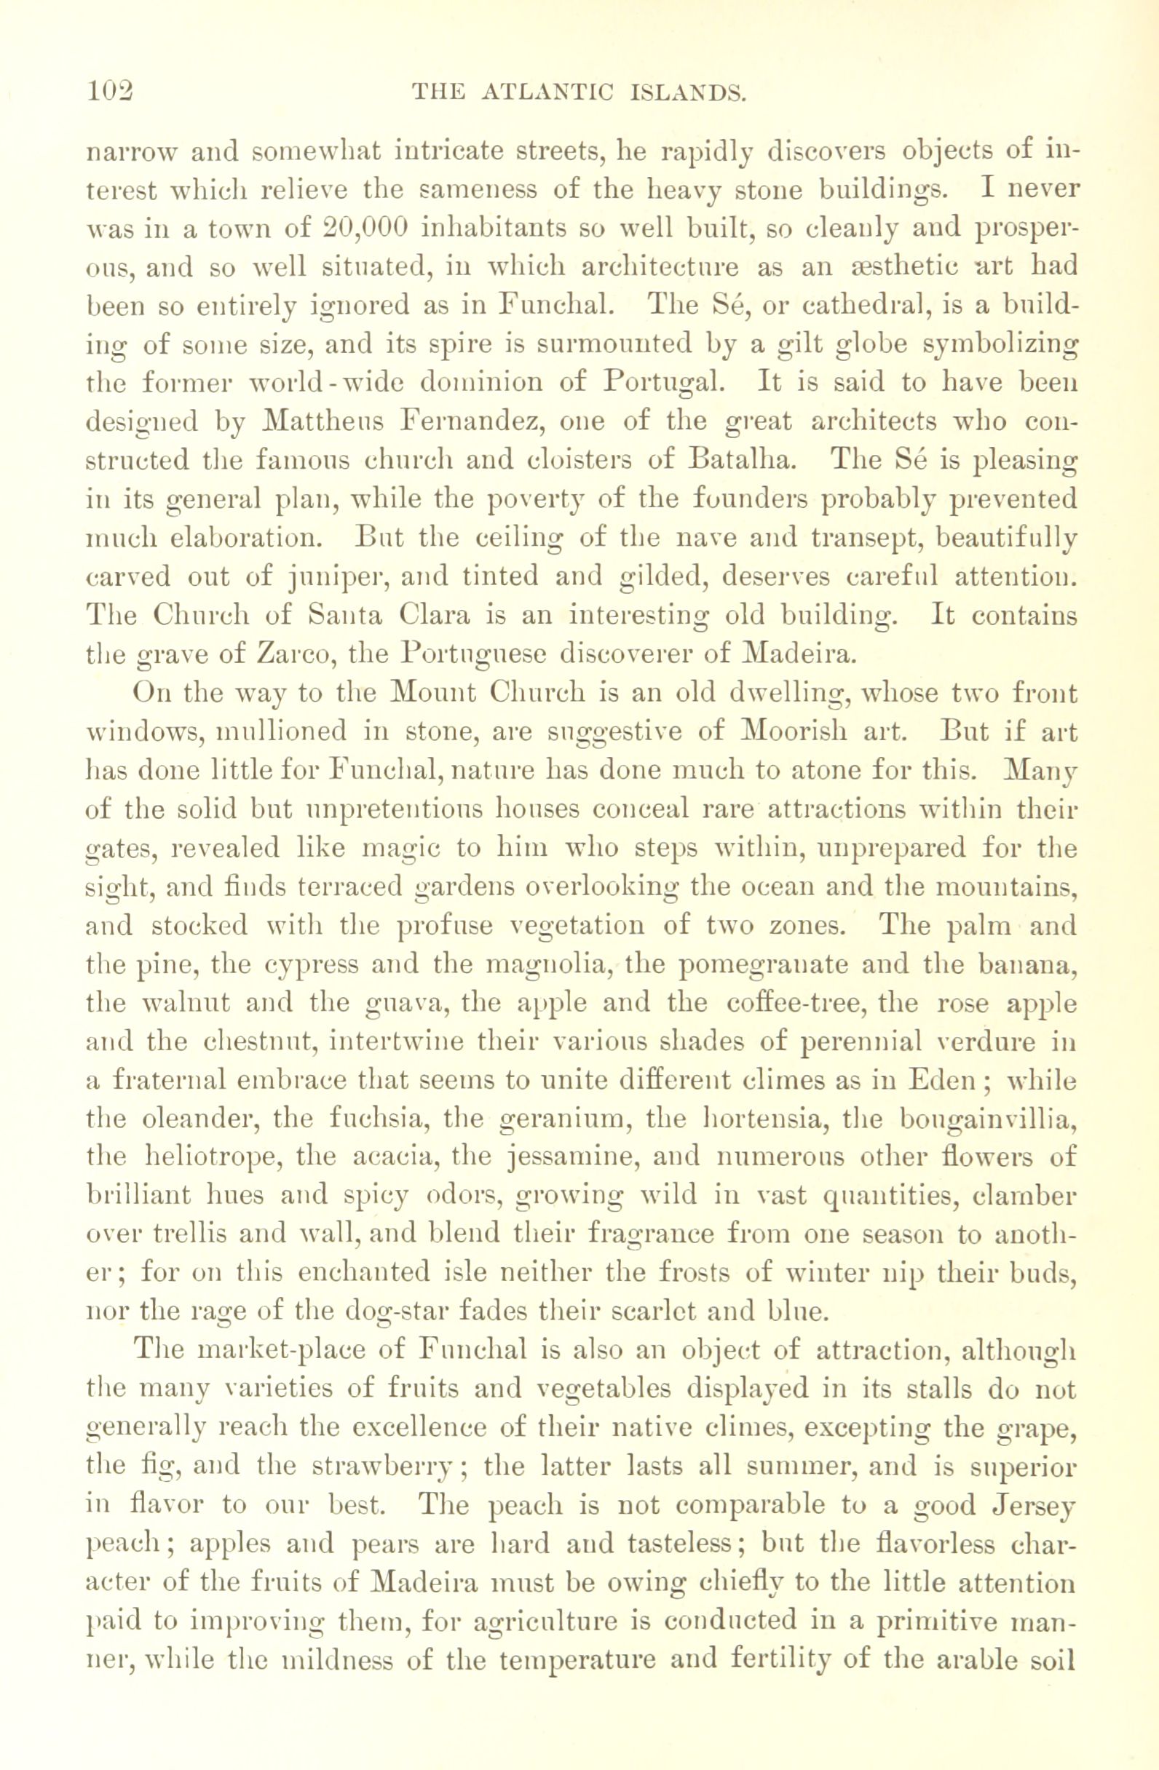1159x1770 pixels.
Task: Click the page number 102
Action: click(109, 92)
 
